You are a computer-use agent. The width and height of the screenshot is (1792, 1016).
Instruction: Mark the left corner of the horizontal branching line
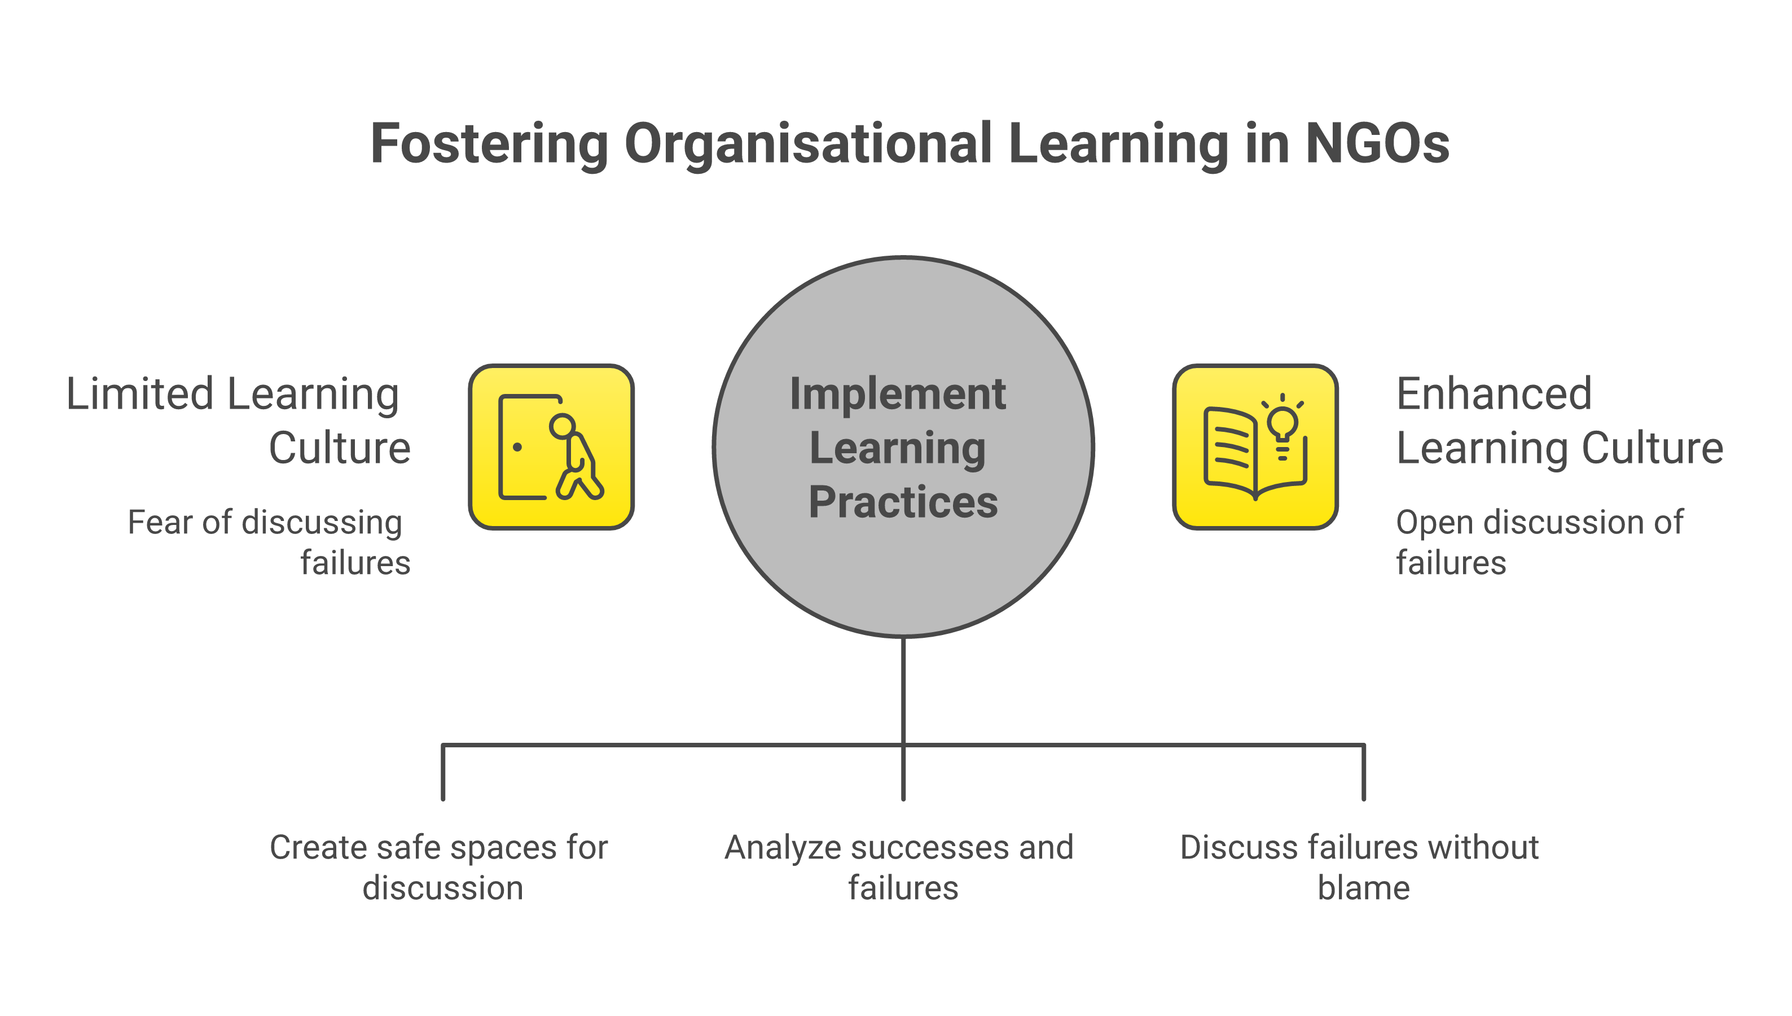click(x=443, y=745)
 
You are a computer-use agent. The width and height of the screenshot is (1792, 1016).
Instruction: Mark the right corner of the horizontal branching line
click(x=1364, y=745)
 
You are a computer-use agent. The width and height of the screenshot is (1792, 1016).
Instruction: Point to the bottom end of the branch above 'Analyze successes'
click(x=903, y=800)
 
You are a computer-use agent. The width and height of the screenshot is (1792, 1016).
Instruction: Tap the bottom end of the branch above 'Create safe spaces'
click(x=443, y=800)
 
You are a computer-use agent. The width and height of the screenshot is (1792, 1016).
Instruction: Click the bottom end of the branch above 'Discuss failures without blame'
click(x=1364, y=800)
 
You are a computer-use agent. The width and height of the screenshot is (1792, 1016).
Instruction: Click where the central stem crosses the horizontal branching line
click(x=903, y=745)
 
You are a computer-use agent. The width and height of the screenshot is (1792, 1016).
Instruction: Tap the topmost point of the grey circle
click(x=903, y=257)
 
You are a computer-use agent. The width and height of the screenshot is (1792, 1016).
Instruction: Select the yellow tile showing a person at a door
click(x=551, y=446)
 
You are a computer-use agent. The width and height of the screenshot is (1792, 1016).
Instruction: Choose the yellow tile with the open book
click(x=1255, y=446)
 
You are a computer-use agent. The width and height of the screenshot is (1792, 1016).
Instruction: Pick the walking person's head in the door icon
click(x=562, y=426)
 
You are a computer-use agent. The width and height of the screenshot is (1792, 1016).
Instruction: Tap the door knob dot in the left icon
click(x=517, y=447)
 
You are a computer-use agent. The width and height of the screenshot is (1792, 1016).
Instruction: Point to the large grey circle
click(x=903, y=446)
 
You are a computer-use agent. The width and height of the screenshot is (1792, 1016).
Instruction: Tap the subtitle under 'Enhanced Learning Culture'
click(x=1539, y=542)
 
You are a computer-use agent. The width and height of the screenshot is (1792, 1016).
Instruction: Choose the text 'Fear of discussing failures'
click(x=269, y=542)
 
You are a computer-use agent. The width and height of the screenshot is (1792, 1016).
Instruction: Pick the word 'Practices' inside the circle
click(x=903, y=502)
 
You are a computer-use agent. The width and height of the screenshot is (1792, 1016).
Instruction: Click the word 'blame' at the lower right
click(x=1364, y=888)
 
